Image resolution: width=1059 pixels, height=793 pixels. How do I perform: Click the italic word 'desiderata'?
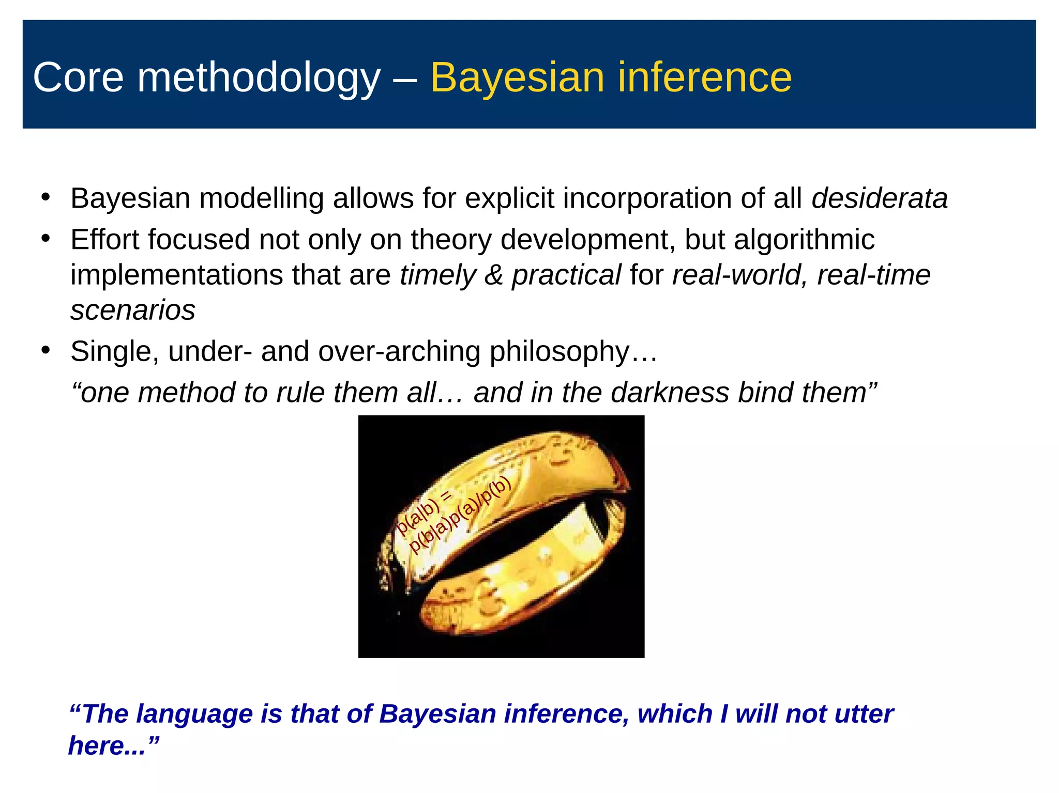(880, 198)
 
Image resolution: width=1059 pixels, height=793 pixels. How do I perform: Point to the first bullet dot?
(46, 198)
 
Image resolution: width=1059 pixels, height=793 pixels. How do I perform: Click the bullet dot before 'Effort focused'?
(46, 239)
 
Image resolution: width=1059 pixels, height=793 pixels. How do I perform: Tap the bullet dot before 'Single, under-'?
(46, 351)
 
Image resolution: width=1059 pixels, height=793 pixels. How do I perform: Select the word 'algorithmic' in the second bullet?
(804, 240)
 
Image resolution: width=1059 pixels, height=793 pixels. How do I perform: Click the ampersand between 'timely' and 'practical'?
(494, 275)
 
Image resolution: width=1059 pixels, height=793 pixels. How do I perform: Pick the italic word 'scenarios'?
(133, 310)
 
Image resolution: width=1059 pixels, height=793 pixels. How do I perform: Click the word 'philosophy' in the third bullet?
(559, 352)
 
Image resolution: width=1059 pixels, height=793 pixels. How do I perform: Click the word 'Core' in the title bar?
(78, 77)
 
